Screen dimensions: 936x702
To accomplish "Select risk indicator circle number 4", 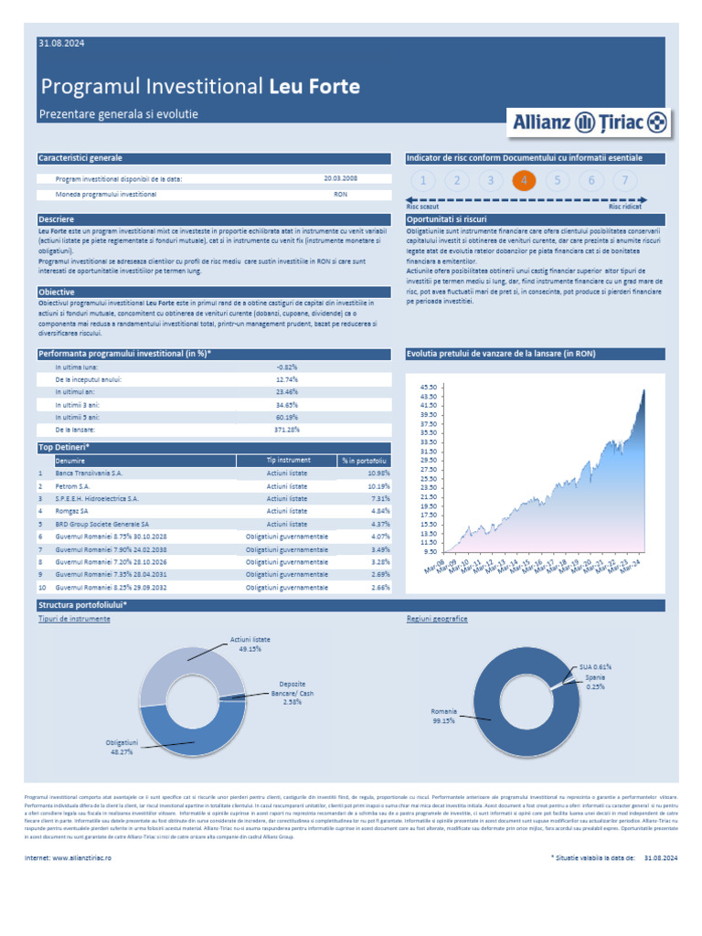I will pyautogui.click(x=524, y=180).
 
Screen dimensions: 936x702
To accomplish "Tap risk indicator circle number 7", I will pyautogui.click(x=625, y=180).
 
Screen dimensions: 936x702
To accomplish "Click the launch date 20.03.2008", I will pyautogui.click(x=340, y=179).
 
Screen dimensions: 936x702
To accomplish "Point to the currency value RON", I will pyautogui.click(x=340, y=195).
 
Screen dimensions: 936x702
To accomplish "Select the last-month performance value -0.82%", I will pyautogui.click(x=287, y=367).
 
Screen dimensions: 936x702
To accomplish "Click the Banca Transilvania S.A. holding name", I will pyautogui.click(x=89, y=473).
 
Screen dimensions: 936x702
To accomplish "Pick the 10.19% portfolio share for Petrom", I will pyautogui.click(x=378, y=486).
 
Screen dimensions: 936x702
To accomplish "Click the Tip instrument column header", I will pyautogui.click(x=288, y=461).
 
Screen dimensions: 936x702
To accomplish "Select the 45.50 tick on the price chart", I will pyautogui.click(x=428, y=388).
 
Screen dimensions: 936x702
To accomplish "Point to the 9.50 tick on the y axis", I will pyautogui.click(x=430, y=551).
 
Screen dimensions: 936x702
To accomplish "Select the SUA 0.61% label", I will pyautogui.click(x=594, y=667).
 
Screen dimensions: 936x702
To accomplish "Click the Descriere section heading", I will pyautogui.click(x=57, y=220).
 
